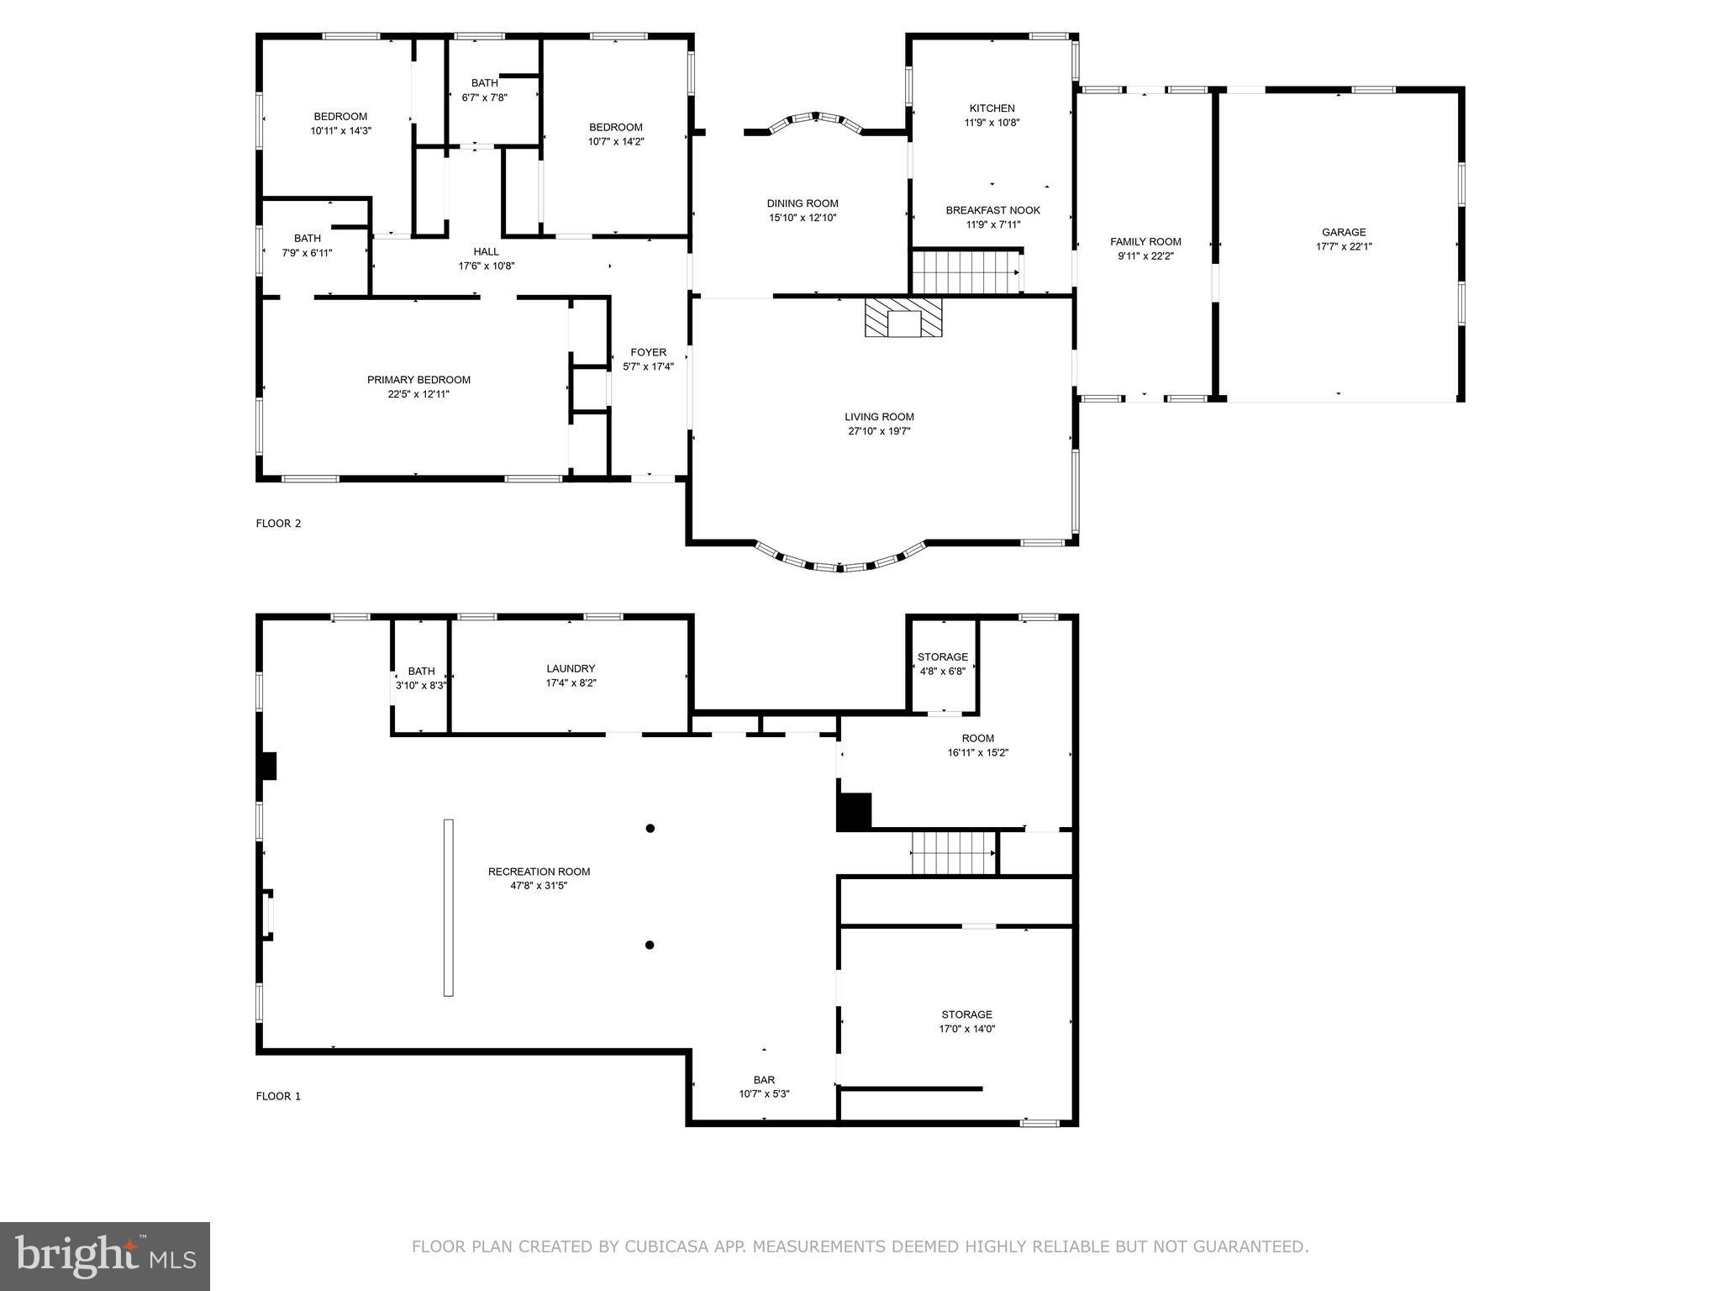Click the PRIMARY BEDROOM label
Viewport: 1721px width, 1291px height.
(418, 380)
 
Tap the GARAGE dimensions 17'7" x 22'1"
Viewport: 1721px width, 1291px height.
(1344, 247)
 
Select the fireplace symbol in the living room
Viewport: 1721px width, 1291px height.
(903, 318)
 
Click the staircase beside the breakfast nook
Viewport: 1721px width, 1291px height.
(966, 272)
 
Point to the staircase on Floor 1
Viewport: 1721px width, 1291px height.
(953, 854)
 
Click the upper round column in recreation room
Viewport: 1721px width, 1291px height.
(650, 829)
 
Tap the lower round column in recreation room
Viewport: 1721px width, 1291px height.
(650, 946)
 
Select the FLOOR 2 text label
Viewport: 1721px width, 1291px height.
(278, 524)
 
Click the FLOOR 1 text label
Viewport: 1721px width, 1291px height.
(278, 1096)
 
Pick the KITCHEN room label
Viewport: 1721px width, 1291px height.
(992, 108)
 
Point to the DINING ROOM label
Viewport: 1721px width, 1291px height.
(803, 203)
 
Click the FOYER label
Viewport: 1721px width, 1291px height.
(648, 352)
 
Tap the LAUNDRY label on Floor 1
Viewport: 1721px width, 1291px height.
(571, 669)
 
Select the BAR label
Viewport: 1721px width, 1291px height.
(764, 1080)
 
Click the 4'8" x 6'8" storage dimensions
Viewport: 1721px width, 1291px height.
(942, 672)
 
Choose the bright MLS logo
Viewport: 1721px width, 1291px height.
(105, 1257)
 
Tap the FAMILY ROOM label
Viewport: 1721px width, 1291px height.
(1145, 242)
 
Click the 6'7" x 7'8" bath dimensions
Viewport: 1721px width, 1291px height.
(484, 97)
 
